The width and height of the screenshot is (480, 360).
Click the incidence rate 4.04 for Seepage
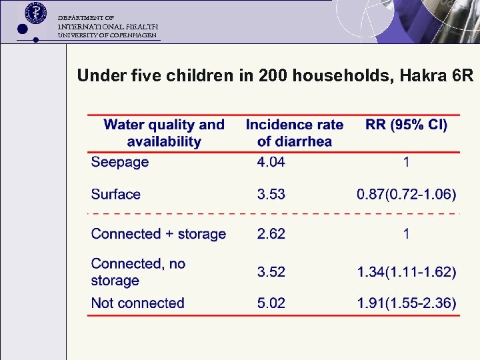(x=271, y=162)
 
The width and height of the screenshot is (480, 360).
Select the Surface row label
(x=115, y=195)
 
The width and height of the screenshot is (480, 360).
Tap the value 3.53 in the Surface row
(x=271, y=195)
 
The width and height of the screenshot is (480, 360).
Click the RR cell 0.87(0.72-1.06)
(x=407, y=195)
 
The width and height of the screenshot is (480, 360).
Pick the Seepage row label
(x=119, y=162)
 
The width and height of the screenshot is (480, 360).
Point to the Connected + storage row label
(x=158, y=234)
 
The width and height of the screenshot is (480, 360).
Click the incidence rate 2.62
(x=271, y=234)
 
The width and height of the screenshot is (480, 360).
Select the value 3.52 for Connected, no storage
(x=271, y=272)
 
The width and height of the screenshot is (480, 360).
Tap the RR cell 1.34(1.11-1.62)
(x=407, y=272)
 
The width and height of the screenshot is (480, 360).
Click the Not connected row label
(x=137, y=303)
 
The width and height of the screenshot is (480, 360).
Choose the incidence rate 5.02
(x=271, y=303)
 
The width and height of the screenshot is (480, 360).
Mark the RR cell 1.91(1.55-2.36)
(x=407, y=303)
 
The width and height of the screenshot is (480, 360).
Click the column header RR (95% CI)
(x=406, y=125)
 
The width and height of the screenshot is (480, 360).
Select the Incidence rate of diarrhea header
(x=294, y=133)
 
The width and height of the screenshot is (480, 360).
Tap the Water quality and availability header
(x=164, y=133)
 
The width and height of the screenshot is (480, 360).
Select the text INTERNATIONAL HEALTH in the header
(x=107, y=26)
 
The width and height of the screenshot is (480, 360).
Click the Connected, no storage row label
(x=138, y=272)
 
